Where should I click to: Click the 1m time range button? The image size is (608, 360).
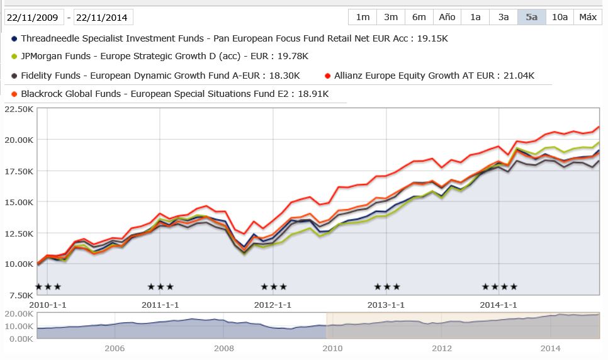(363, 17)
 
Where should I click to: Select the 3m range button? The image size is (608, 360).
(390, 17)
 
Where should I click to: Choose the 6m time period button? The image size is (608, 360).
(419, 17)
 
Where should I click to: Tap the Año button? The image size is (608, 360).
(447, 17)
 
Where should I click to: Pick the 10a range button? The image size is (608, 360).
(560, 17)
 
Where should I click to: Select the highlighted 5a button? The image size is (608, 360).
(532, 17)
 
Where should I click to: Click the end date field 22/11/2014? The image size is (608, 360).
(103, 18)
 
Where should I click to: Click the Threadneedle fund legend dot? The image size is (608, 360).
(14, 38)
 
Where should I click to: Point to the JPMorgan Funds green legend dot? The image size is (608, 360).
(14, 57)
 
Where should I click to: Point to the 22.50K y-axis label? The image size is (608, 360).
(18, 109)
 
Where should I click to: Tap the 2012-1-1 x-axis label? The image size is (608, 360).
(273, 305)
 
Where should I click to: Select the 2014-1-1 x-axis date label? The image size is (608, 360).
(498, 305)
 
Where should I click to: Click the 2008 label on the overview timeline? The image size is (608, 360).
(223, 348)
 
